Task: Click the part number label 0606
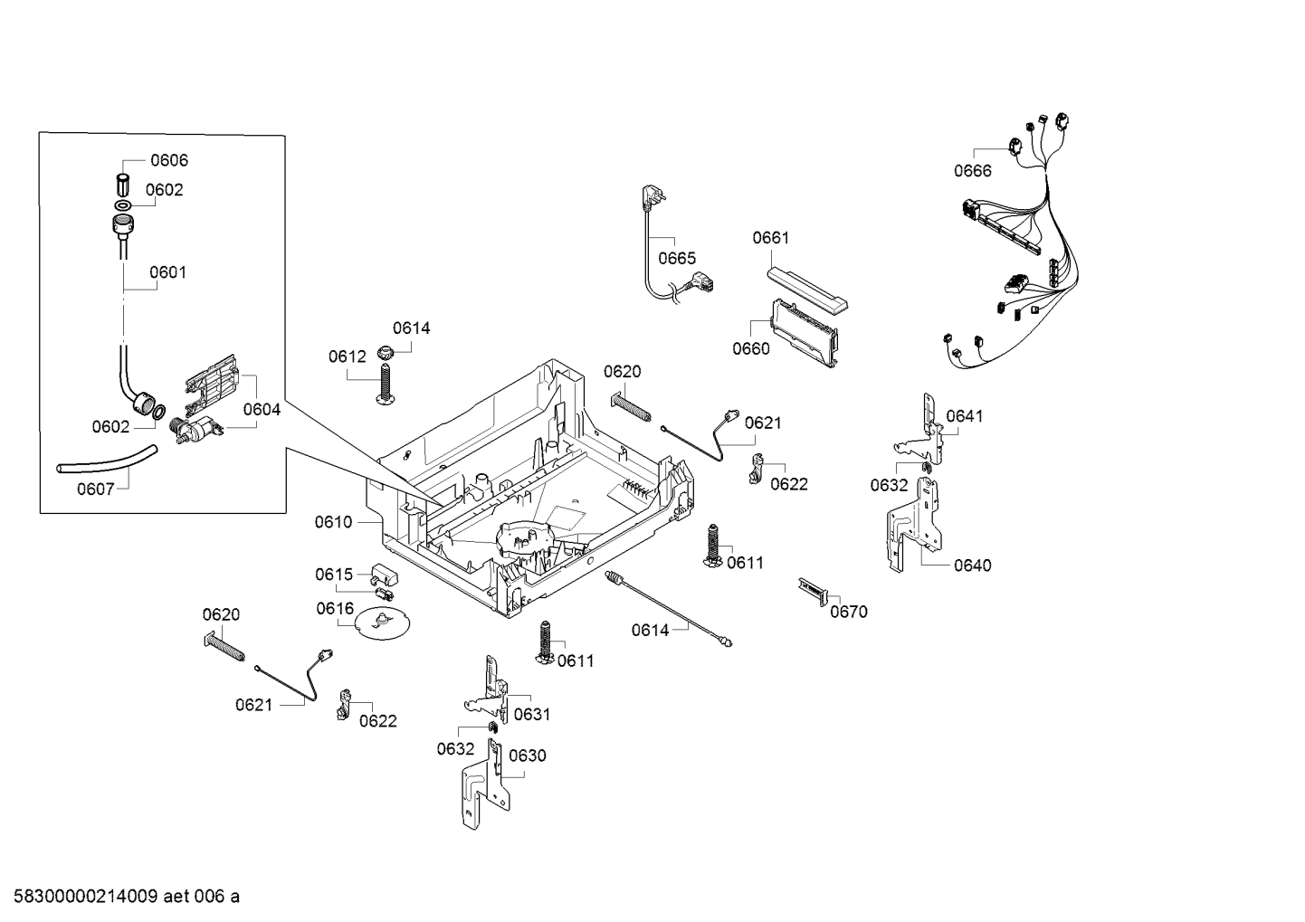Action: (168, 161)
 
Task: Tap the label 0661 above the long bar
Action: (770, 238)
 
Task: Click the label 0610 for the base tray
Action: (333, 522)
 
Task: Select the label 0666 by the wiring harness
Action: (972, 171)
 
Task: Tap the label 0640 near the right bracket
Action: (972, 566)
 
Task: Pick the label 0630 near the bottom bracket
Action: (527, 756)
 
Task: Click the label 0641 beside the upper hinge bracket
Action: (964, 416)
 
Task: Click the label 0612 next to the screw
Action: (347, 356)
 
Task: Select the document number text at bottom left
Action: (120, 897)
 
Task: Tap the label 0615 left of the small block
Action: (334, 575)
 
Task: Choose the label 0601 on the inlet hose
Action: (167, 272)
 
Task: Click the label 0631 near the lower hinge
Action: (531, 715)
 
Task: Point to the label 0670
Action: (848, 612)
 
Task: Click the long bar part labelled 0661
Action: (806, 288)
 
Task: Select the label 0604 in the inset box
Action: (262, 410)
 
